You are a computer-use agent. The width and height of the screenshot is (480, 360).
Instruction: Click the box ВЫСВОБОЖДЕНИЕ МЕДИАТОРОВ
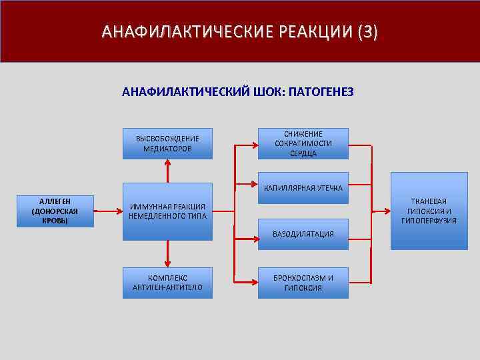(x=167, y=143)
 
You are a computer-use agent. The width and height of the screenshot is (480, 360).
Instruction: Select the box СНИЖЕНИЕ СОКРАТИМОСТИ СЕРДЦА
(x=303, y=143)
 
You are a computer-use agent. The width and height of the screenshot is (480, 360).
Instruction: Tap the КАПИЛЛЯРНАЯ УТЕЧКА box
(x=303, y=189)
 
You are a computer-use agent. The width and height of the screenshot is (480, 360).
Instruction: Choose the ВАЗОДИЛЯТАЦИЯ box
(x=303, y=234)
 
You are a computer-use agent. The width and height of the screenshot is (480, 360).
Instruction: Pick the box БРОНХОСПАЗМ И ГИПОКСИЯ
(x=303, y=283)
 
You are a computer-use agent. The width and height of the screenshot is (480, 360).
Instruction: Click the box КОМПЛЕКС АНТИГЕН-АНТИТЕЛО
(x=167, y=283)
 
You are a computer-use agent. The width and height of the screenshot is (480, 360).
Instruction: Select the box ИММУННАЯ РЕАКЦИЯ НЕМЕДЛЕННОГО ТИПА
(x=167, y=211)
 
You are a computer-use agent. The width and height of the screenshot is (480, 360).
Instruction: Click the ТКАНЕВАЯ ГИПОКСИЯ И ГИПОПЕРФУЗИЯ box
(x=429, y=211)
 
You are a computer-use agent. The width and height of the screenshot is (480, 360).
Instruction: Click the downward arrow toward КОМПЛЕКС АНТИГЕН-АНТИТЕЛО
(x=167, y=253)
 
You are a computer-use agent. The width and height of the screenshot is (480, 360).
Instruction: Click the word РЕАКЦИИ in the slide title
(x=308, y=32)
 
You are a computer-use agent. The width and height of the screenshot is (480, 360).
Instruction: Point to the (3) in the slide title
(x=367, y=32)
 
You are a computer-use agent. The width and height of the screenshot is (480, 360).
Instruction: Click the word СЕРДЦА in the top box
(x=303, y=153)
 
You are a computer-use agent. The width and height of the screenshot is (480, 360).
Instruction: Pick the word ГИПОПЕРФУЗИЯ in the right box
(x=429, y=221)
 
